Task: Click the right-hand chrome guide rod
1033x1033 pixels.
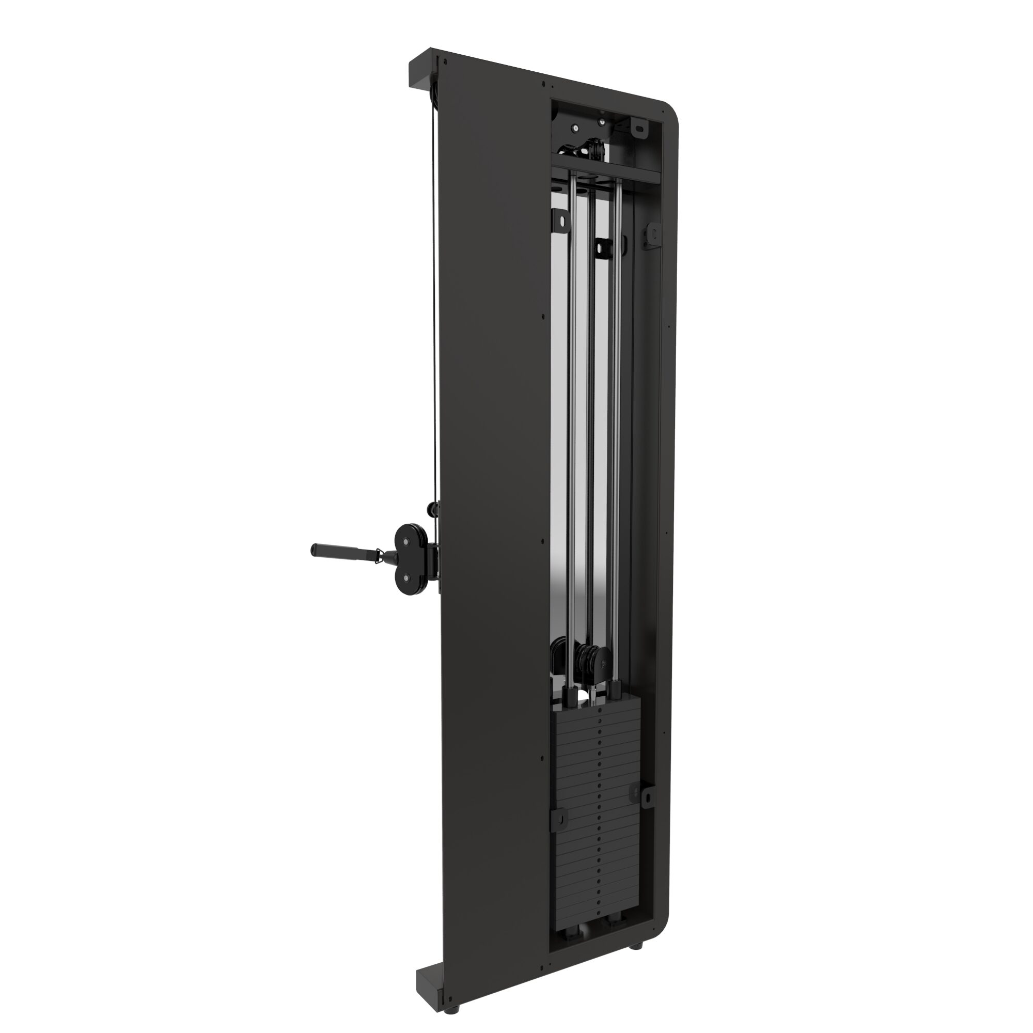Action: coord(618,428)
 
